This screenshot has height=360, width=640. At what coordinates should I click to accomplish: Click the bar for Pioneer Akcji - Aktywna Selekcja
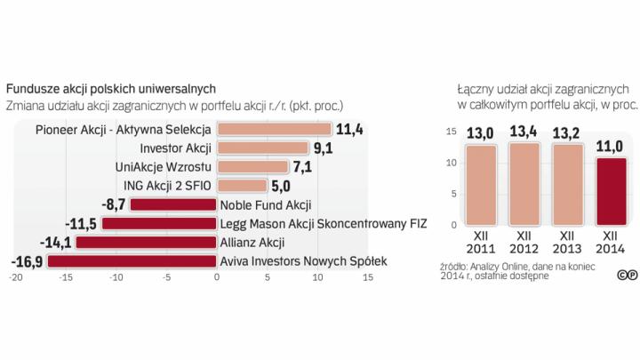(x=274, y=130)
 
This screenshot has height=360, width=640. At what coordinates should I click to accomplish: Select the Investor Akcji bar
(x=262, y=148)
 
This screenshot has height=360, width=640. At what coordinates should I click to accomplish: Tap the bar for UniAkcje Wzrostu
(x=252, y=166)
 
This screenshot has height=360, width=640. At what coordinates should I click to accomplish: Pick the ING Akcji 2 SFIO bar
(x=242, y=186)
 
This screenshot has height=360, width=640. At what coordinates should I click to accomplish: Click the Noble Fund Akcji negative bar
(x=173, y=204)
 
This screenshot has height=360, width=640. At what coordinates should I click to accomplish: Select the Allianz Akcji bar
(x=146, y=242)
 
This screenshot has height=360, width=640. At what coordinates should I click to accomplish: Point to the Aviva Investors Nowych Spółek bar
(x=132, y=260)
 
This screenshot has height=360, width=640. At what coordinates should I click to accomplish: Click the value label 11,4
(x=350, y=130)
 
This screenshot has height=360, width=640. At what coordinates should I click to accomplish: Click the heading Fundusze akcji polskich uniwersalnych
(x=110, y=89)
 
